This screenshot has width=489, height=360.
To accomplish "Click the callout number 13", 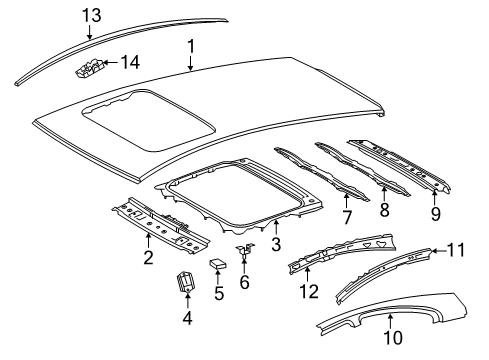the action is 92,15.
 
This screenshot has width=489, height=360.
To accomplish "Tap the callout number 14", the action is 130,62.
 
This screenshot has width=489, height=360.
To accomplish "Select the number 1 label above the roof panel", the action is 191,47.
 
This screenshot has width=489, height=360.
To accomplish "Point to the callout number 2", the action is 148,257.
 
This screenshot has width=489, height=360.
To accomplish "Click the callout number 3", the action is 276,244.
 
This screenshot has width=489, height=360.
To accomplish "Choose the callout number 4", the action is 188,318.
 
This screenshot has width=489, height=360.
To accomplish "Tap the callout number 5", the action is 218,293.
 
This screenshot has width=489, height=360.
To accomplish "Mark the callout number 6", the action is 244,282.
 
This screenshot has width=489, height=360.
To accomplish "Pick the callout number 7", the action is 347,217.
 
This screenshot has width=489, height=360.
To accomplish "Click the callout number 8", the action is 384,210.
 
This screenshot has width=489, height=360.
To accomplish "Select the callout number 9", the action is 436,214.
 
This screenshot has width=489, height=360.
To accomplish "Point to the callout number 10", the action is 393,337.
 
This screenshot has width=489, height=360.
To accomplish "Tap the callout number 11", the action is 456,250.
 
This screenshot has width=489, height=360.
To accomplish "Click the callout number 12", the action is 309,291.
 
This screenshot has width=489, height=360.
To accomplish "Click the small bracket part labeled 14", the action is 89,68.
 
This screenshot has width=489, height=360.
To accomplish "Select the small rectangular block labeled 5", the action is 217,263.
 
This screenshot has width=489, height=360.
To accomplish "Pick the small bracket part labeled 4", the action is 186,282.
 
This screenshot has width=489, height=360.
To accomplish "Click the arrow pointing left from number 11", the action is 438,251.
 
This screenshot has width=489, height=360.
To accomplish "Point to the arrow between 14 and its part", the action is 111,62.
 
